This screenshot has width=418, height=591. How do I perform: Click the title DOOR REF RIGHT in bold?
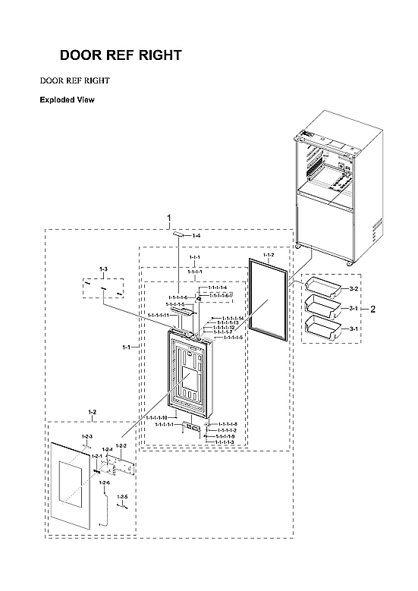pos(121,55)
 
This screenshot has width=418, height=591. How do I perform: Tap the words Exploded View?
pos(67,99)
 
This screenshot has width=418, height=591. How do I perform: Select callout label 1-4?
pos(196,237)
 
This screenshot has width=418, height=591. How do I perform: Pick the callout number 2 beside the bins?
pos(372,309)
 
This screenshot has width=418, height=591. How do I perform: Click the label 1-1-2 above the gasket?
pos(269,255)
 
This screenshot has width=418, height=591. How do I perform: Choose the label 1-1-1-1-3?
pos(224,442)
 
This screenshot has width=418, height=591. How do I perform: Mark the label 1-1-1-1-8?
pos(228,424)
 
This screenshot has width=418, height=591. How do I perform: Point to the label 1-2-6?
pos(104,483)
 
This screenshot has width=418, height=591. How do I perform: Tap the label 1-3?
pos(104,269)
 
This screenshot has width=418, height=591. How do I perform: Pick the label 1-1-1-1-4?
pos(217,288)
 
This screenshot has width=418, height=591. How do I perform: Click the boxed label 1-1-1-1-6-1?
pos(221,294)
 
